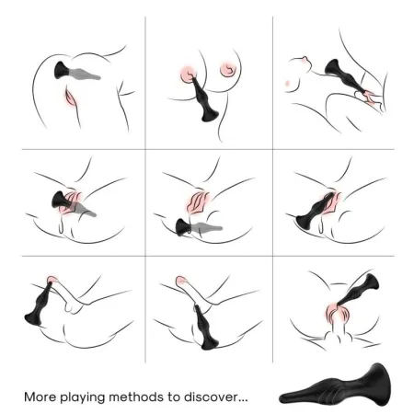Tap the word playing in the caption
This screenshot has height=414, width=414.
click(x=88, y=397)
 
